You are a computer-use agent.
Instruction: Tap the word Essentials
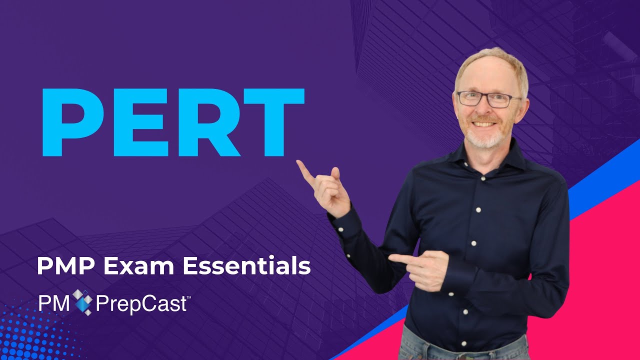pos(246,266)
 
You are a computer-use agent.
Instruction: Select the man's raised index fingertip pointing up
pos(299,163)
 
